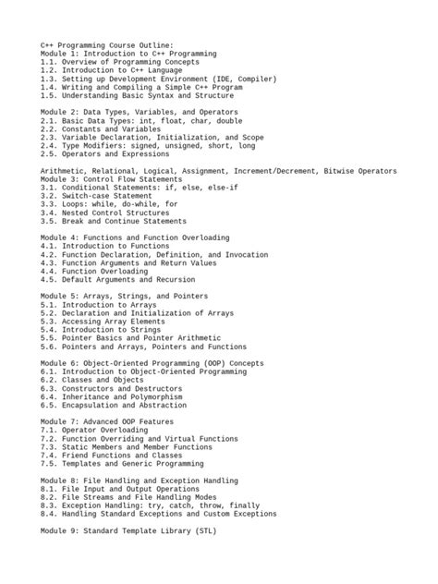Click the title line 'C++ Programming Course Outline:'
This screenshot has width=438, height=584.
pyautogui.click(x=106, y=44)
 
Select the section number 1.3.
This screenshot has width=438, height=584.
pyautogui.click(x=49, y=79)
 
